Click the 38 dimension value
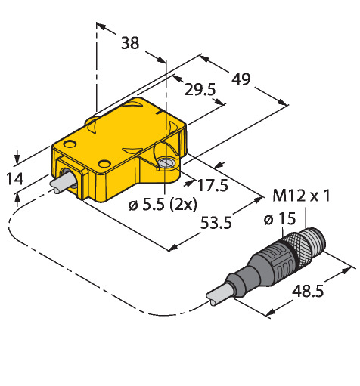point(130,43)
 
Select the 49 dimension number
point(241,79)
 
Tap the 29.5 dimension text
point(200,89)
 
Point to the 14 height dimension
point(15,179)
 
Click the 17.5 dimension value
point(213,185)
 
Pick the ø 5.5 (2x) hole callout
point(163,205)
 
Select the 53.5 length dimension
point(216,223)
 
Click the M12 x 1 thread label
point(301,196)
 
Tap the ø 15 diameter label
point(280,219)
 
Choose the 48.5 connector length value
point(308,292)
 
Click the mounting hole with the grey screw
point(166,163)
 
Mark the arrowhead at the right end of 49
point(283,102)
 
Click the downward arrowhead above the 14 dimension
point(17,159)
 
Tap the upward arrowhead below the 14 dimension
point(17,201)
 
